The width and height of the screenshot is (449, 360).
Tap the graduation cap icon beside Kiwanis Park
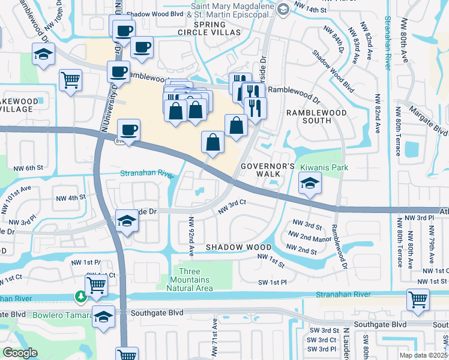(x=309, y=184)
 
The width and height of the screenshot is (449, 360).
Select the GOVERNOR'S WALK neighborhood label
(x=268, y=170)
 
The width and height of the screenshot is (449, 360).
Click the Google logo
(x=20, y=353)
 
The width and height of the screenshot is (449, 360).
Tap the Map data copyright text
(x=423, y=355)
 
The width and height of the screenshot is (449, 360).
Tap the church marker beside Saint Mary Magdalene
(x=283, y=8)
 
